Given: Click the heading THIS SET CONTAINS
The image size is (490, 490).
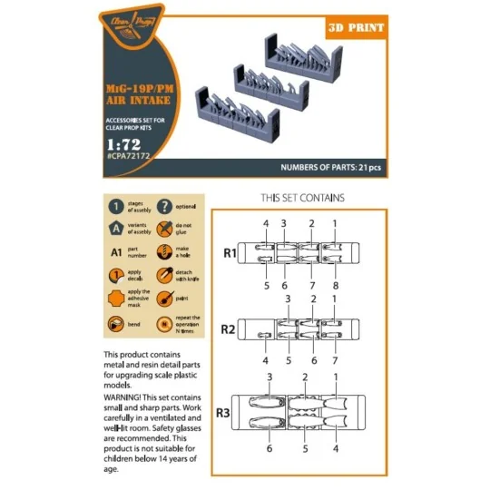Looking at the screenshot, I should [302, 197].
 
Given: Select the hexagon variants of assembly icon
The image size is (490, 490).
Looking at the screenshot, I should [114, 230].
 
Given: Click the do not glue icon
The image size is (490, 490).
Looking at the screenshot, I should [163, 230].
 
